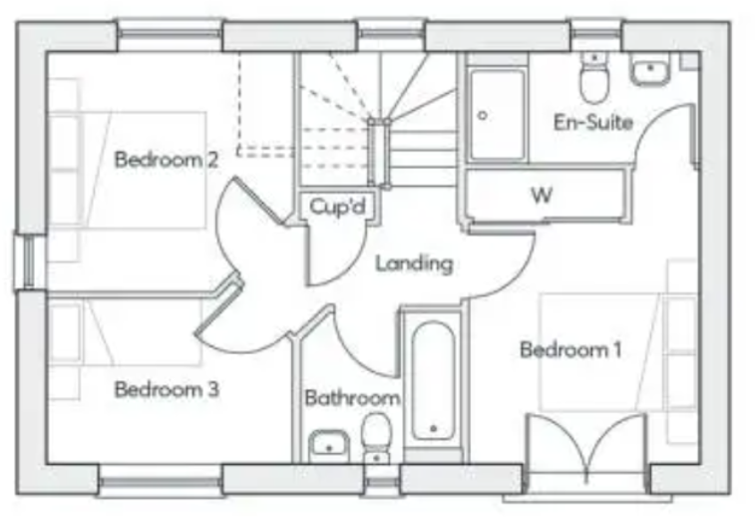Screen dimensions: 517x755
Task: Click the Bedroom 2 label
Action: coord(166,159)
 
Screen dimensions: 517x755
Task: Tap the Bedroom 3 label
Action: coord(166,389)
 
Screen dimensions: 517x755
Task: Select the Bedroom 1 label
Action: coord(570,349)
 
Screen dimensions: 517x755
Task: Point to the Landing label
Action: coord(414,264)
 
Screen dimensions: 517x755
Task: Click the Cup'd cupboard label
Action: coord(337,207)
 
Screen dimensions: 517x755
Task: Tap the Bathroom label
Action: coord(352,397)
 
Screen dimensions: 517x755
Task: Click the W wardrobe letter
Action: coord(541,195)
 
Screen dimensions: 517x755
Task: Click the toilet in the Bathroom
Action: coord(376,436)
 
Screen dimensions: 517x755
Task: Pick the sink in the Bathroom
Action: coord(326,444)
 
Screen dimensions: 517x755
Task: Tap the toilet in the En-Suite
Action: coord(595,81)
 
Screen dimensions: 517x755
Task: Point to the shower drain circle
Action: coord(483,115)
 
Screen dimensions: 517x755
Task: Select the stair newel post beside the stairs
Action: coord(379,151)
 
